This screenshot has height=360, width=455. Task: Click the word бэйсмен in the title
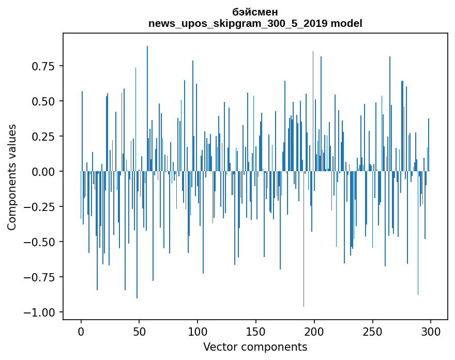pyautogui.click(x=255, y=12)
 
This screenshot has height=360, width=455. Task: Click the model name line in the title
pyautogui.click(x=255, y=23)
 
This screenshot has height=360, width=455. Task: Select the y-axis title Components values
pyautogui.click(x=12, y=177)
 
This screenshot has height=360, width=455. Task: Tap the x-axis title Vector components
pyautogui.click(x=255, y=347)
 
